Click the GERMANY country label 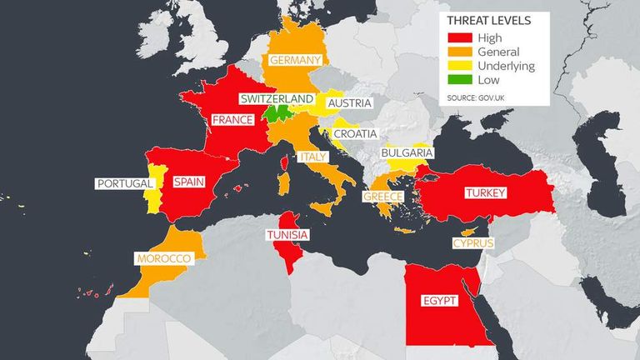click(x=294, y=60)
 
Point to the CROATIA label click(x=355, y=133)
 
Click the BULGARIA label click(x=407, y=153)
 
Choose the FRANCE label click(x=232, y=120)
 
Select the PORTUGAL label click(x=125, y=183)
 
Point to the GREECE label click(x=382, y=197)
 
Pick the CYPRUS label click(x=473, y=243)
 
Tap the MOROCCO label click(x=165, y=259)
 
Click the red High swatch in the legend click(x=460, y=37)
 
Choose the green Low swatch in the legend click(x=460, y=80)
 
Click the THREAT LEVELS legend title click(x=487, y=21)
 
